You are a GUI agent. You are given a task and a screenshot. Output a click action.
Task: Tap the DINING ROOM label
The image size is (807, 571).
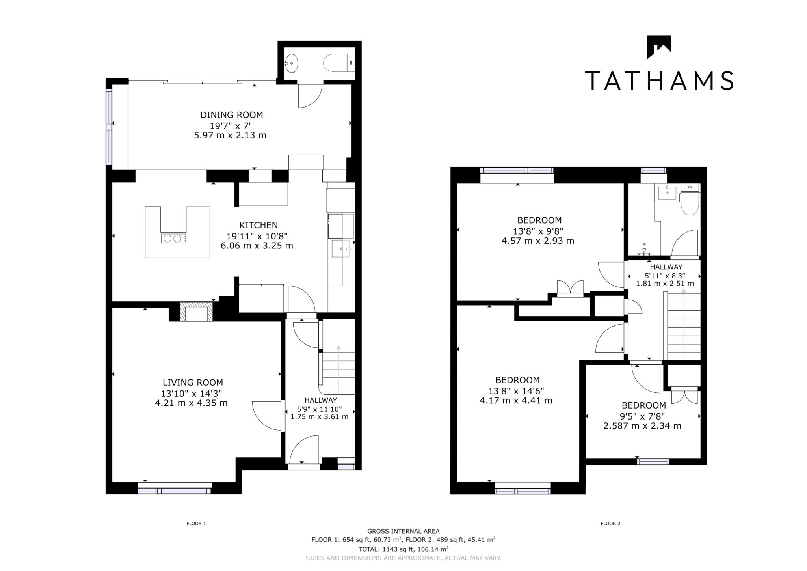(231, 115)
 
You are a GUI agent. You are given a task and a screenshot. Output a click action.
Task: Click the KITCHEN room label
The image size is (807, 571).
(258, 225)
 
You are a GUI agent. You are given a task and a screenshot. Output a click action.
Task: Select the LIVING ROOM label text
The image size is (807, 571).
(193, 383)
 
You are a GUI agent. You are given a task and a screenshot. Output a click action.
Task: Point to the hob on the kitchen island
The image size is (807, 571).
(173, 238)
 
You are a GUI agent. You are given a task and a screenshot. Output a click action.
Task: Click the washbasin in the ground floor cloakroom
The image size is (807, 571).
(292, 63)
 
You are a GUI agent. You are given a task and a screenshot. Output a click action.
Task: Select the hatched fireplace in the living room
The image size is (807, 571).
(196, 312)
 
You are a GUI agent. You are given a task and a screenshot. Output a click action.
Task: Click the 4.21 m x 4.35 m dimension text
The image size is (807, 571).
(191, 403)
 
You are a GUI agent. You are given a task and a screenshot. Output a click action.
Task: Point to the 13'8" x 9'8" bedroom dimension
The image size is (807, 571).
(537, 231)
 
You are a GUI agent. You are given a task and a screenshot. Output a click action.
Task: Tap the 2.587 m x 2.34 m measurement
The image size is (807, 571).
(642, 426)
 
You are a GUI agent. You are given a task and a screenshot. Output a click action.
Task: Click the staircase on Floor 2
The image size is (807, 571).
(684, 325)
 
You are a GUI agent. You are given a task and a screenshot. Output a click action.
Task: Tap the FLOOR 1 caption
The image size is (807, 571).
(196, 524)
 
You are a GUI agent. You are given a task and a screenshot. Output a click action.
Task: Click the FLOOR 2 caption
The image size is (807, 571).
(610, 524)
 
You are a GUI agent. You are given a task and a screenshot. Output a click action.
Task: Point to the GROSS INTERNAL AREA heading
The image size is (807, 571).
(403, 531)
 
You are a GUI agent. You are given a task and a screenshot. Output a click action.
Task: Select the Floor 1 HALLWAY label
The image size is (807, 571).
(320, 400)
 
